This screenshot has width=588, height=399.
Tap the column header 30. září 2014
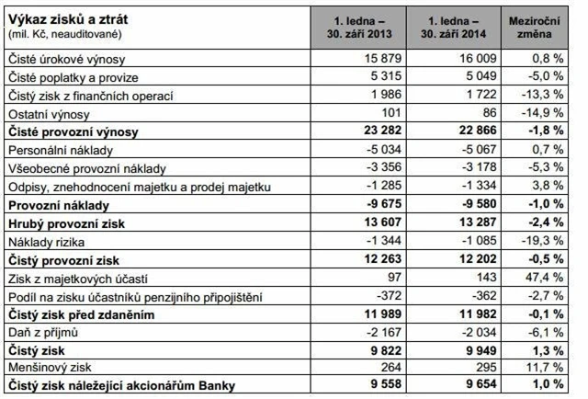tap(458, 32)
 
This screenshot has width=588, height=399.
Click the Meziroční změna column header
tap(537, 26)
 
